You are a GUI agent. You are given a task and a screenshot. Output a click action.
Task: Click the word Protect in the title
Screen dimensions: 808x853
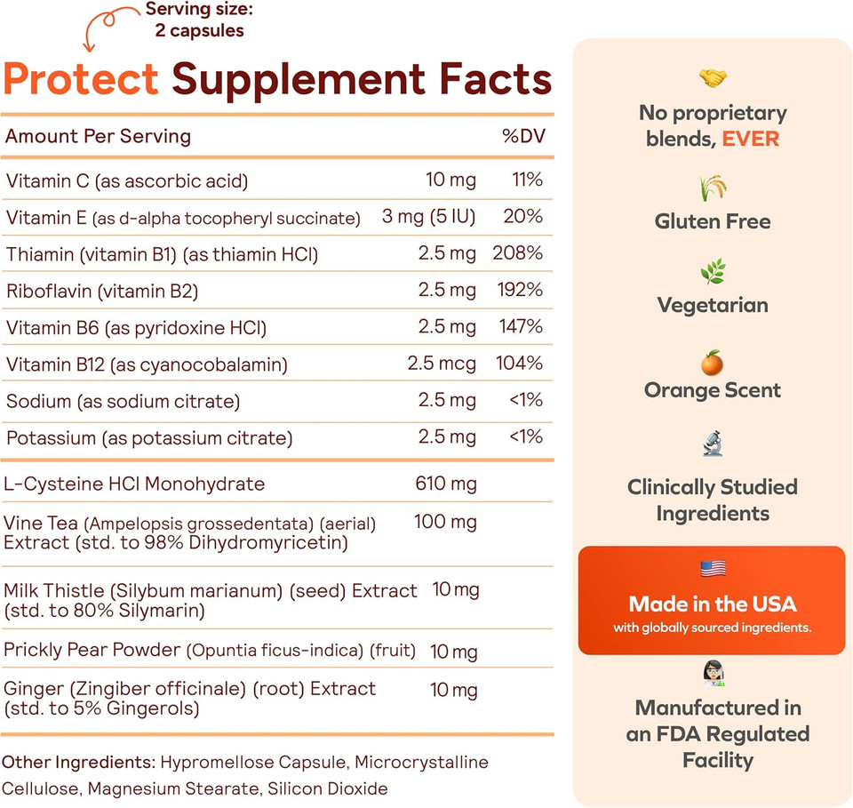pyautogui.click(x=81, y=80)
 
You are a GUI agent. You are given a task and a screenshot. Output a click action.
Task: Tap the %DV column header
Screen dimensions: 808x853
pyautogui.click(x=522, y=136)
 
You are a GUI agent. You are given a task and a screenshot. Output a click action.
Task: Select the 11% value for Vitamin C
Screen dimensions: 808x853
pyautogui.click(x=527, y=180)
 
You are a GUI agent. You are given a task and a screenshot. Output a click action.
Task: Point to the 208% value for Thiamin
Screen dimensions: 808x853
pyautogui.click(x=517, y=253)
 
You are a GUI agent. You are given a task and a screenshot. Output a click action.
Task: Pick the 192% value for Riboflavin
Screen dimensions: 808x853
pyautogui.click(x=517, y=290)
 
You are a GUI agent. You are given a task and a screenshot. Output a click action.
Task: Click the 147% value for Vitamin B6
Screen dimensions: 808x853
pyautogui.click(x=517, y=326)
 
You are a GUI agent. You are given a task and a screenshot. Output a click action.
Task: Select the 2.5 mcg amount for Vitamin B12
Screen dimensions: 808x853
pyautogui.click(x=442, y=364)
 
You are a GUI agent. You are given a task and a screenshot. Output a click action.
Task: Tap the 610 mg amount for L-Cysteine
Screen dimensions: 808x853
pyautogui.click(x=446, y=484)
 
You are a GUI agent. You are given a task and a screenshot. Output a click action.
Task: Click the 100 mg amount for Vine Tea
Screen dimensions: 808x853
pyautogui.click(x=445, y=522)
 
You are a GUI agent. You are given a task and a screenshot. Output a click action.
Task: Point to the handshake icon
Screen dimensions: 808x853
pyautogui.click(x=713, y=79)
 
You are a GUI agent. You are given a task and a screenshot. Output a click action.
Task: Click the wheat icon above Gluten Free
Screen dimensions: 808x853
pyautogui.click(x=713, y=188)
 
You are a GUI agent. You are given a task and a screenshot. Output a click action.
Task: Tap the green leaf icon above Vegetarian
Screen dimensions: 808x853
pyautogui.click(x=713, y=271)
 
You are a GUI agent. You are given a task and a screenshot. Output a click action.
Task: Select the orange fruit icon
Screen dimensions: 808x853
pyautogui.click(x=713, y=363)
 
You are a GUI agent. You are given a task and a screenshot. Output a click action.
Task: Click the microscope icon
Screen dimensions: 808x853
pyautogui.click(x=713, y=443)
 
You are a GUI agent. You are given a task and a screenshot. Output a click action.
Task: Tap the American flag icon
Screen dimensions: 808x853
pyautogui.click(x=713, y=568)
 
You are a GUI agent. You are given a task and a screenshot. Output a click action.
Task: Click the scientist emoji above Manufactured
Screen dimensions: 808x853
pyautogui.click(x=713, y=673)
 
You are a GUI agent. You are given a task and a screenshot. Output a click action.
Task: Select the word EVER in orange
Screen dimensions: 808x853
pyautogui.click(x=751, y=140)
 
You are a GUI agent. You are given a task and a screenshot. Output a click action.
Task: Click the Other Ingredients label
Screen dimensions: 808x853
pyautogui.click(x=78, y=763)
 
